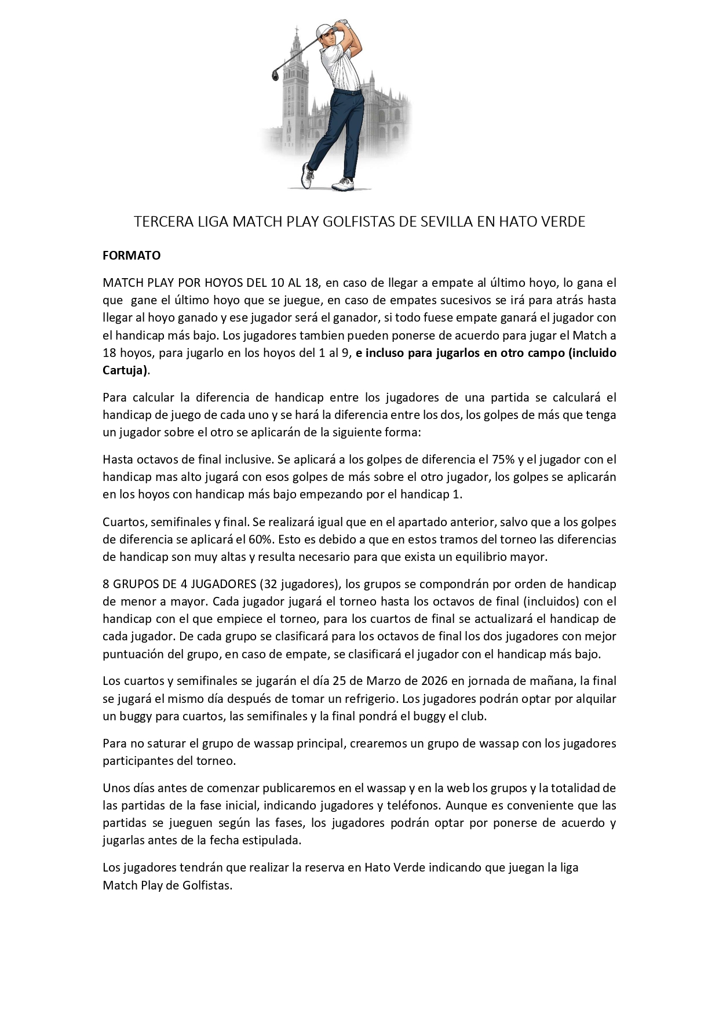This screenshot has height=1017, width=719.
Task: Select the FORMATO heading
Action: click(132, 256)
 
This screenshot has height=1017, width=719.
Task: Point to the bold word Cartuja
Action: click(123, 371)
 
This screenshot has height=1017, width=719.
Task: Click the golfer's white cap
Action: click(325, 30)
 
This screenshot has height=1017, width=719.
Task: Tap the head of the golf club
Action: click(276, 74)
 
